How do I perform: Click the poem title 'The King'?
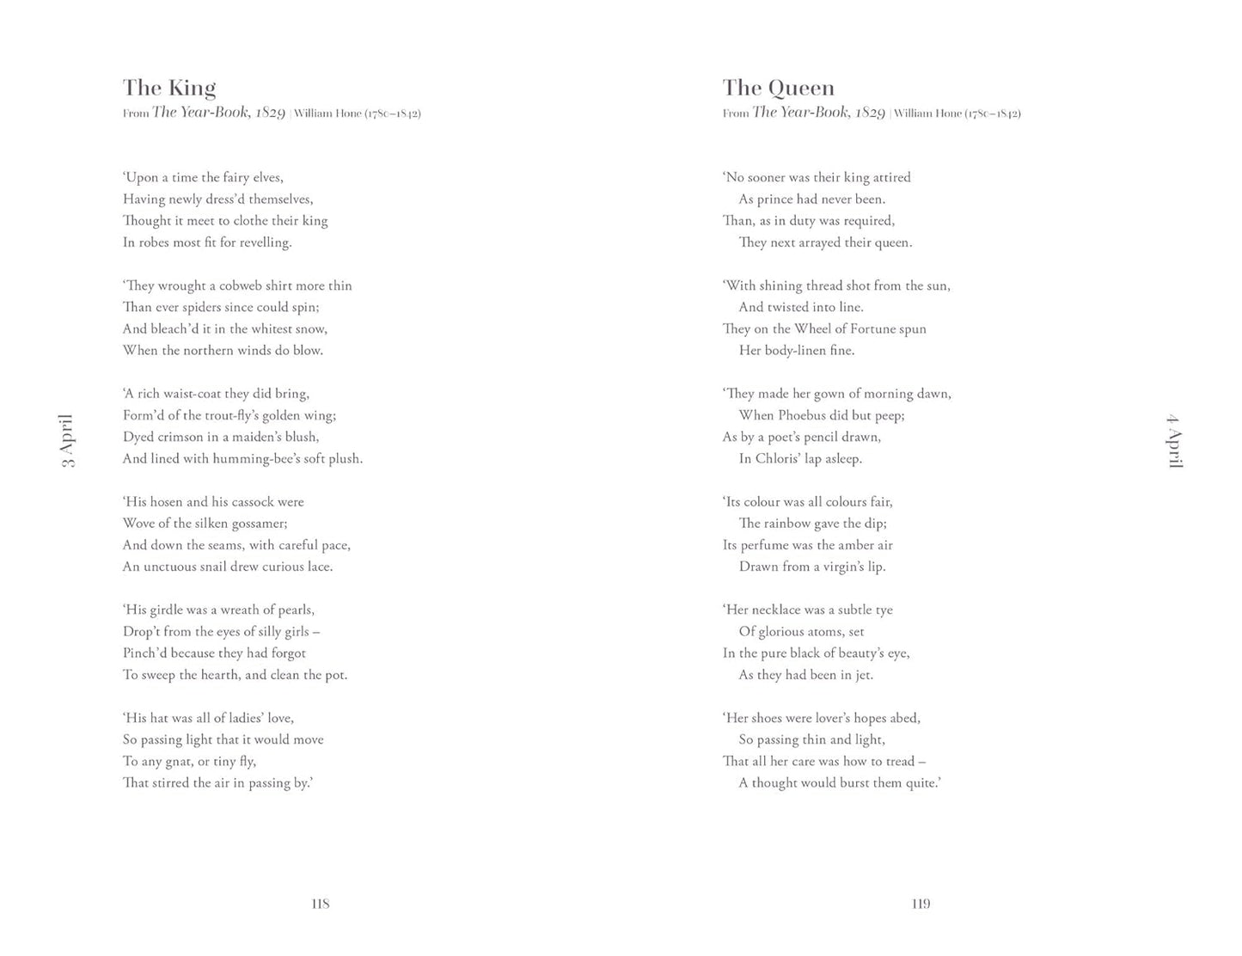coord(169,88)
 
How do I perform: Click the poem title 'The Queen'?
coord(778,88)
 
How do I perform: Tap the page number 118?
coord(320,904)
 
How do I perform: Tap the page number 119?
coord(921,904)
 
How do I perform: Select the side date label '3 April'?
coord(67,440)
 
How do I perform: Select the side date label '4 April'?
coord(1174,440)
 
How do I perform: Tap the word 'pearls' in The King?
coord(295,610)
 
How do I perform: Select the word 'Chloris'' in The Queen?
coord(776,459)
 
